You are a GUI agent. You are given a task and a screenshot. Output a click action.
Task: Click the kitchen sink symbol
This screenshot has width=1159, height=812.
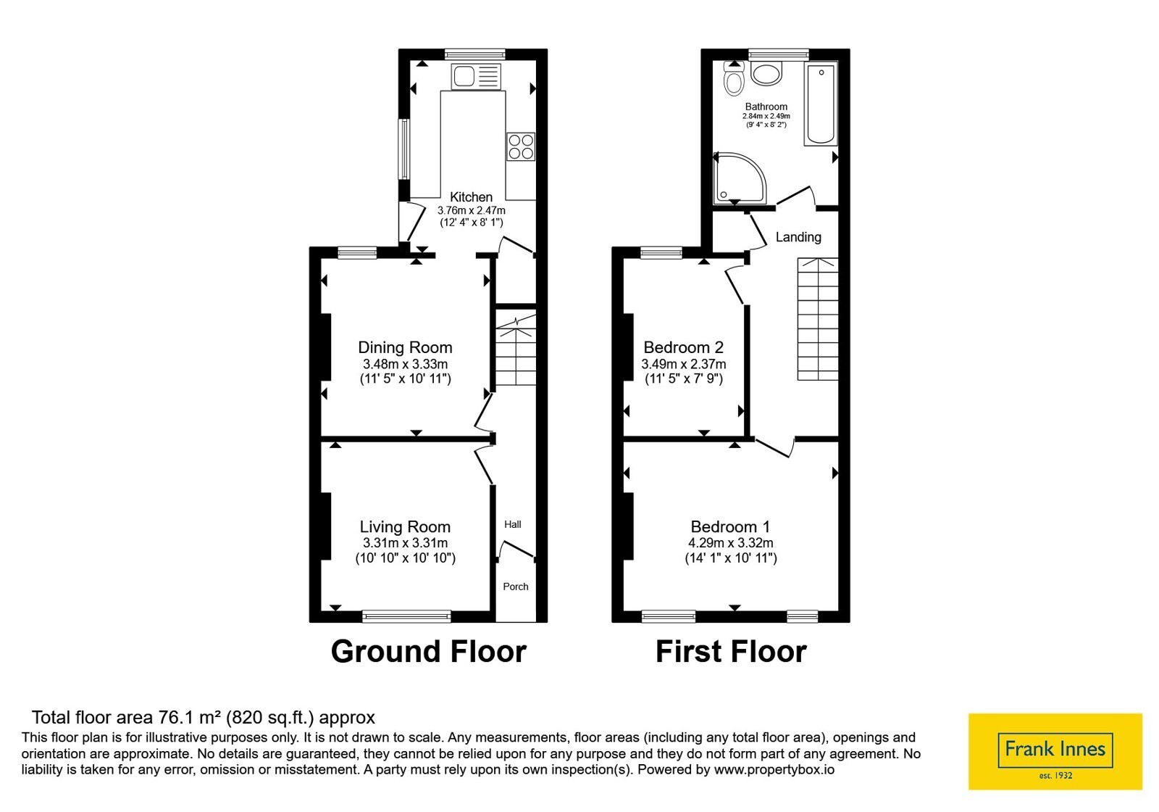pos(475,77)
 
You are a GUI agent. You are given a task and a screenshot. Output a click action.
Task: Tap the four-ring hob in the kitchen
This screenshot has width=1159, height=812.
pos(521,146)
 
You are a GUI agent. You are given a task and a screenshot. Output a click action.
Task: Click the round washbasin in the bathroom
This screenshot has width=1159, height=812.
pos(766,74)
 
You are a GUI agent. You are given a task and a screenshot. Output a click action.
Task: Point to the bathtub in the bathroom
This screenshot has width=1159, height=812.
pos(821,104)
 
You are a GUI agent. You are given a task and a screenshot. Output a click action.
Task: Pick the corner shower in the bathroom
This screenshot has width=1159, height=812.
pos(740,178)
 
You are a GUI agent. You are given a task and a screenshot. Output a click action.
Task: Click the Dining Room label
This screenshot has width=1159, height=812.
pos(405,347)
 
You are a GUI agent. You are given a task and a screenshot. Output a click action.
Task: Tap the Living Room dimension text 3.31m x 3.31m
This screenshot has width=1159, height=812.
pos(405,543)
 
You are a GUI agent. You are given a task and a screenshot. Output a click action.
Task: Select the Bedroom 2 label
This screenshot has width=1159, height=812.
pos(684,347)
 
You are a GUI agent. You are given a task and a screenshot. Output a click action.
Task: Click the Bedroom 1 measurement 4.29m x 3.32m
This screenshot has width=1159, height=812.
pos(731,543)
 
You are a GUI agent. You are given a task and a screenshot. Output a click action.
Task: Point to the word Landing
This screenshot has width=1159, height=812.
pos(798,237)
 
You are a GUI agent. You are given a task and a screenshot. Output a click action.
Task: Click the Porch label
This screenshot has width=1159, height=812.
pos(516,587)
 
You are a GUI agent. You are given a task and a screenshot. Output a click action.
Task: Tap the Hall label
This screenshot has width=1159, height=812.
pos(513,524)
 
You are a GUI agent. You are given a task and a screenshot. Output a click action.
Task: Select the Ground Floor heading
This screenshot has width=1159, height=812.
pos(428,651)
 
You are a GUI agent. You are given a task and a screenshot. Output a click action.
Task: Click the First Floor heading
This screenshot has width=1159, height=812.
pos(731,651)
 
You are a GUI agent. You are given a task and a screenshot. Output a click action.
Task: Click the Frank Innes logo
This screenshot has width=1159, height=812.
pos(1055,751)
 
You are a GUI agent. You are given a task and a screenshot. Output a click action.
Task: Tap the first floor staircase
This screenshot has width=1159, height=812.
pos(818,319)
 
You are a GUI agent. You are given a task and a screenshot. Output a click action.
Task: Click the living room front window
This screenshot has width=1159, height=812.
pos(406,616)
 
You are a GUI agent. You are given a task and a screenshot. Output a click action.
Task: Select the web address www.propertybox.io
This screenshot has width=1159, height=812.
pos(774,769)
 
